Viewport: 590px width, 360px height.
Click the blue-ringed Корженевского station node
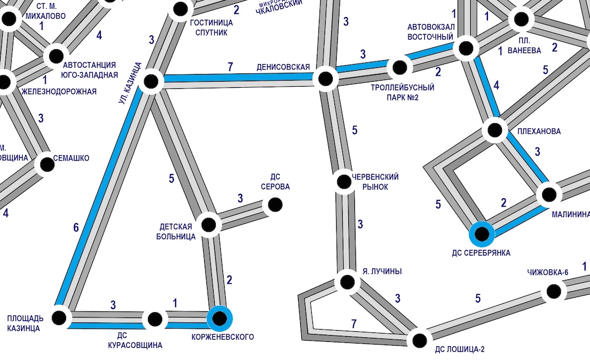[220, 318]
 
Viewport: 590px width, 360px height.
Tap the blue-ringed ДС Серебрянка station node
[482, 234]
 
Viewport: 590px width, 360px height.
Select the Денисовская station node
[326, 78]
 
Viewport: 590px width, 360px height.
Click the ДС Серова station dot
[275, 205]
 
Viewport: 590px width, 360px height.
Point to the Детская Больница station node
[209, 225]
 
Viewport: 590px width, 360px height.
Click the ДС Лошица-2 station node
[419, 339]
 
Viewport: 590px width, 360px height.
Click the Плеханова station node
[495, 131]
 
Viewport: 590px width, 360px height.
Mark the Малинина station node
[549, 194]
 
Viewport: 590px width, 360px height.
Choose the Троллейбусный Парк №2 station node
[399, 68]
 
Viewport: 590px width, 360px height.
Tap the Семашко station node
[45, 163]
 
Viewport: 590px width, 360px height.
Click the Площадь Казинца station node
[60, 317]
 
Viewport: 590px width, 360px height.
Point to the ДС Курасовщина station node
[155, 319]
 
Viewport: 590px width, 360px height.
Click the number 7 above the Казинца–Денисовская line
[230, 67]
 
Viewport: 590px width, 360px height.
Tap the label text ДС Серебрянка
[481, 253]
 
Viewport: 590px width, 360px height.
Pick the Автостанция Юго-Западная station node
[55, 55]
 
